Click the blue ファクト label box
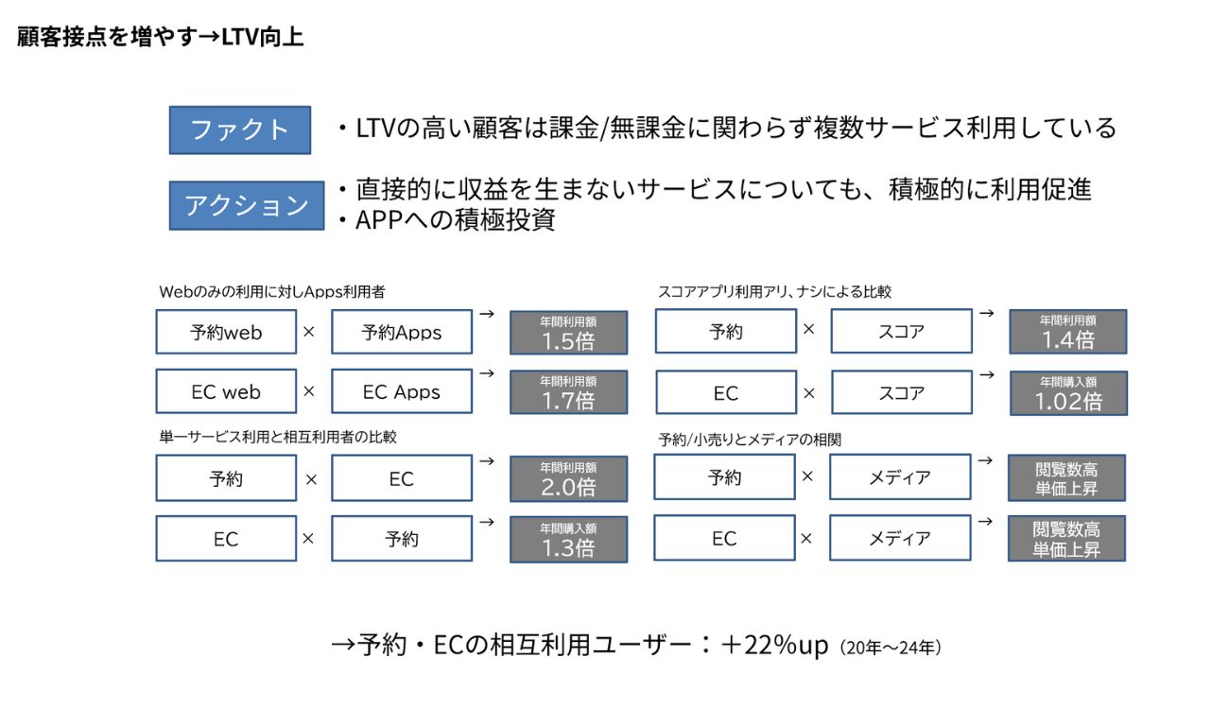(x=239, y=130)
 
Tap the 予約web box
(x=226, y=332)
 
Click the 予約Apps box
(x=401, y=332)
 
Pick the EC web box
(x=226, y=391)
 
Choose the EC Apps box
(x=401, y=391)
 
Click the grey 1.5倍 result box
(x=568, y=333)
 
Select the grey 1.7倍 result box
(x=568, y=391)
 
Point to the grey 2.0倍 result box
(x=568, y=478)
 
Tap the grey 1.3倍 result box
(x=568, y=539)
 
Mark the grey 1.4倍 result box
(x=1067, y=332)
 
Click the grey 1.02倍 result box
(x=1067, y=392)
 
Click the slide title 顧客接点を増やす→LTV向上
(x=160, y=38)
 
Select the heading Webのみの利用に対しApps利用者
(x=271, y=292)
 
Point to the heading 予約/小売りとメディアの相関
(x=750, y=440)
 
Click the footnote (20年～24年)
(x=890, y=648)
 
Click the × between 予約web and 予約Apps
(x=308, y=332)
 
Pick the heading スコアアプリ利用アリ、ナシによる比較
(x=774, y=292)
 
